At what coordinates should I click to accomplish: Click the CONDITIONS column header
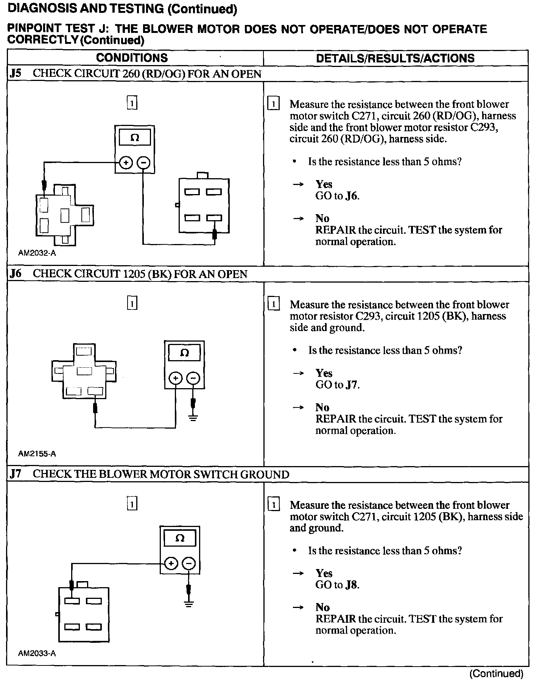(132, 58)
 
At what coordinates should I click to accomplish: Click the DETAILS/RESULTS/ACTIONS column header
(395, 58)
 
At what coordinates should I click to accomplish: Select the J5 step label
(16, 73)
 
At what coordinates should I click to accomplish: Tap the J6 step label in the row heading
(16, 274)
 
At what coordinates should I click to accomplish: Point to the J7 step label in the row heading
(16, 474)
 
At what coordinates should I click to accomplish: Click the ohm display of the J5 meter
(134, 138)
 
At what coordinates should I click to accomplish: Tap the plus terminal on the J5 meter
(126, 163)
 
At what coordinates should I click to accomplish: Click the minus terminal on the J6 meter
(193, 378)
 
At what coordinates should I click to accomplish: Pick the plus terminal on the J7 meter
(171, 564)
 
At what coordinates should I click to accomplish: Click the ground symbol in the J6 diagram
(193, 418)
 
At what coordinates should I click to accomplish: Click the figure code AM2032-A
(37, 253)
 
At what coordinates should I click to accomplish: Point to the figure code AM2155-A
(37, 454)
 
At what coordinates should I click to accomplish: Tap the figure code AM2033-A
(37, 653)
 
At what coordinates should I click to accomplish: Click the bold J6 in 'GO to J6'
(352, 196)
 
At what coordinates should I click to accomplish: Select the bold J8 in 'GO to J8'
(352, 585)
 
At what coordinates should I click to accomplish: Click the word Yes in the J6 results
(324, 373)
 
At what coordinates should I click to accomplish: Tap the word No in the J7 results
(322, 607)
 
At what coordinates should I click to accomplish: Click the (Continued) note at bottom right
(496, 673)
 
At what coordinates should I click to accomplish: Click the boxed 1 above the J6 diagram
(132, 303)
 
